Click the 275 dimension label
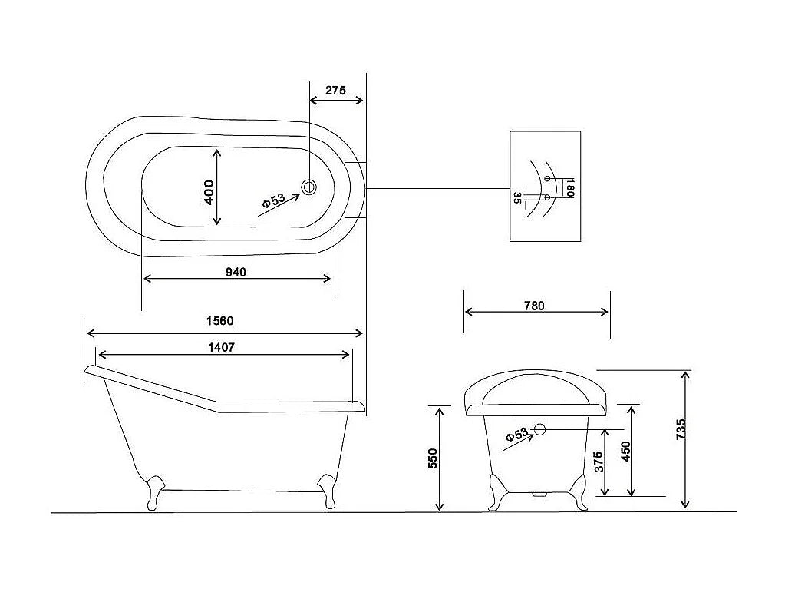335,90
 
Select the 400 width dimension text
209,192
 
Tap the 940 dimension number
236,272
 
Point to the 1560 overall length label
220,320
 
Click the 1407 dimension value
221,347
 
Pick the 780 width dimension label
534,306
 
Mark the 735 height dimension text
681,430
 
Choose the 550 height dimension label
433,458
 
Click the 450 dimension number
625,452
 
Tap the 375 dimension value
599,462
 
